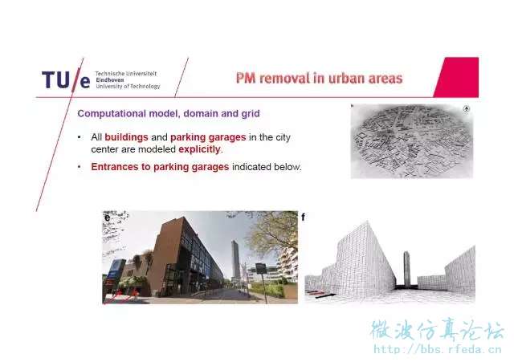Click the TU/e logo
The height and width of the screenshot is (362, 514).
point(66,79)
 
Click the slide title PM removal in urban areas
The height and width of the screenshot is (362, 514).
point(319,79)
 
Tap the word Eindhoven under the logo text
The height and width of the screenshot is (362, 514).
point(109,79)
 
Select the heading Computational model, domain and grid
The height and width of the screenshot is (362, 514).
point(169,113)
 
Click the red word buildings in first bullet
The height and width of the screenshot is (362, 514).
point(126,137)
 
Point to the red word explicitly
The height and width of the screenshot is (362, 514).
point(200,149)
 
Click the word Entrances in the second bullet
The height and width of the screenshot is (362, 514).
point(115,167)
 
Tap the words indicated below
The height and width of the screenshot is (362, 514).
point(266,167)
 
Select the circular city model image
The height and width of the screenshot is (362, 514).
point(412,141)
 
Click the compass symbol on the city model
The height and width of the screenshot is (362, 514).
point(467,109)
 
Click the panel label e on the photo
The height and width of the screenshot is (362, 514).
point(107,218)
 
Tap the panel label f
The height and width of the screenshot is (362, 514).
point(304,217)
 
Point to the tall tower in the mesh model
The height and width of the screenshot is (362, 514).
point(406,269)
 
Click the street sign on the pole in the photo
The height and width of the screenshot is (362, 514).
point(261,268)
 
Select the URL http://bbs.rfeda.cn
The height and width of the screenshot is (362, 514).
point(438,349)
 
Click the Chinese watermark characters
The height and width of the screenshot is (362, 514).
point(438,330)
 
